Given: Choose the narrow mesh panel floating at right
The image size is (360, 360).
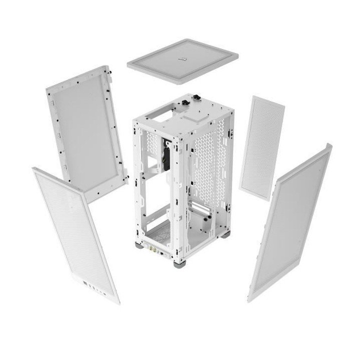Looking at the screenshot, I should coord(261,147).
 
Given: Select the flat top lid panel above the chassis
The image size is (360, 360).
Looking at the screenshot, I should coord(182,60).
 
